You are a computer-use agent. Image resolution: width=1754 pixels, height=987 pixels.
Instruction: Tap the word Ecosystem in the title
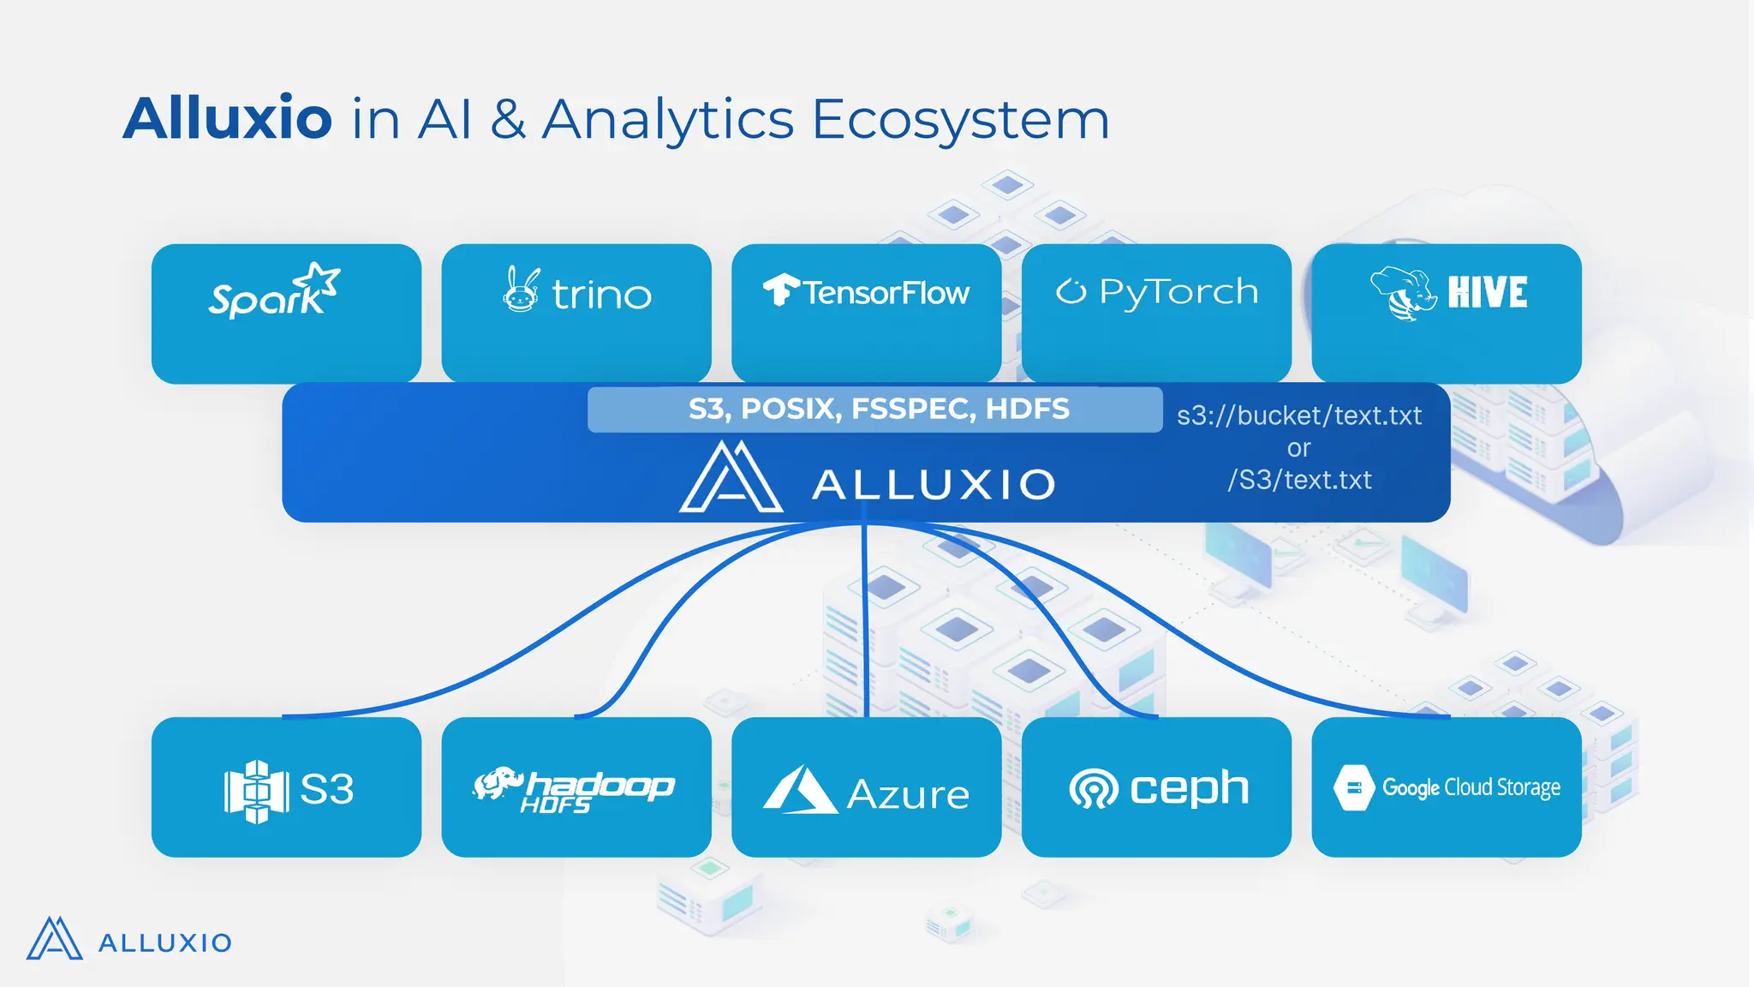coord(960,120)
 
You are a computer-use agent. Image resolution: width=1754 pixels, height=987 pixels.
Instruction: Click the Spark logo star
coord(319,280)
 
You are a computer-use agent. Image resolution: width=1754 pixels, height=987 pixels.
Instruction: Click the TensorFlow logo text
coord(886,293)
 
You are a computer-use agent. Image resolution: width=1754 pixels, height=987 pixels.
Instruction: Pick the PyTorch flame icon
coord(1071,291)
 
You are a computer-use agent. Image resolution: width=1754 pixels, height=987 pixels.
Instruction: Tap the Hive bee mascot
coord(1403,293)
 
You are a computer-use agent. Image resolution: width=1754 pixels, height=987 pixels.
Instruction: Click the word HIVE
coord(1488,293)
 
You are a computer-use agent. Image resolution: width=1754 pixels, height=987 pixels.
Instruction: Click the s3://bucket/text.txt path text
coord(1298,416)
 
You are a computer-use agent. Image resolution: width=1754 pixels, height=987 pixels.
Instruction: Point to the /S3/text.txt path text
coord(1298,480)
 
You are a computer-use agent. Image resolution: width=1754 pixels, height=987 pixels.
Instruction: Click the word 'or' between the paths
coord(1298,448)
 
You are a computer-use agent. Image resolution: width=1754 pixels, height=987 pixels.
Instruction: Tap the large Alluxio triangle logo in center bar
coord(731,480)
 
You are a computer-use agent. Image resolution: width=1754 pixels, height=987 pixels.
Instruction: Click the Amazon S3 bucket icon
coord(255,790)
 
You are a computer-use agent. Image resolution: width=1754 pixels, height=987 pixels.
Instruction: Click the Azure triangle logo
coord(799,790)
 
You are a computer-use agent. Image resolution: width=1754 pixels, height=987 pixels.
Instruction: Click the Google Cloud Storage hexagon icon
coord(1354,787)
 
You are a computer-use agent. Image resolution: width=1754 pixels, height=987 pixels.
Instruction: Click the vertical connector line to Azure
coord(865,617)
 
